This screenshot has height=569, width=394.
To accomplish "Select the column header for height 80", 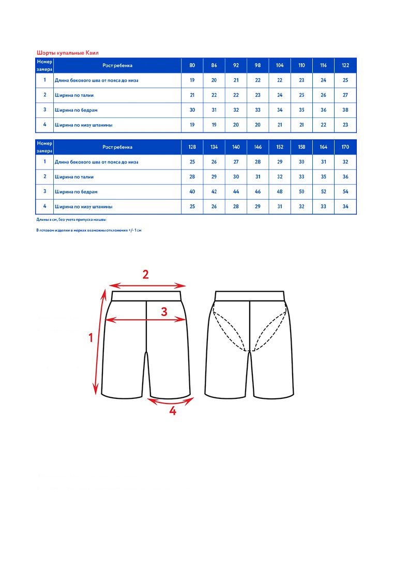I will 192,66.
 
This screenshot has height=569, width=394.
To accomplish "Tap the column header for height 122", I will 345,66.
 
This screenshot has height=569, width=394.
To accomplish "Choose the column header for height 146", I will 258,147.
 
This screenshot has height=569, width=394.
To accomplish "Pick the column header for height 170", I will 345,147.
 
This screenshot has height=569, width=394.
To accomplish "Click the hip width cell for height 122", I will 345,110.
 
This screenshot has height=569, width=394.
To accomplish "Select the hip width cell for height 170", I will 345,192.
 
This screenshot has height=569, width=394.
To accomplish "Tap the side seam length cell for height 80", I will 192,81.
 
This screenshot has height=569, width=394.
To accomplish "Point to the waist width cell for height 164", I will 324,177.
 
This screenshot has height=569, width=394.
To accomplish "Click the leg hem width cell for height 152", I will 280,207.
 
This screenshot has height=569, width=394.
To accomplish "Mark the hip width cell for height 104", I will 280,110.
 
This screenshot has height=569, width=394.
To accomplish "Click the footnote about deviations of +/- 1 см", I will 89,230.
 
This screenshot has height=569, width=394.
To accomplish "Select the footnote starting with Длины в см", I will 71,220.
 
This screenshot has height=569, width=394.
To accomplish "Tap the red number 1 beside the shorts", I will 91,338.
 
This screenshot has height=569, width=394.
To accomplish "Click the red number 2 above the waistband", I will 146,275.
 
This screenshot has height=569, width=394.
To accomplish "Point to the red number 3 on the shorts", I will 164,312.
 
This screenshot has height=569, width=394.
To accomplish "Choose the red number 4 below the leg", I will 173,412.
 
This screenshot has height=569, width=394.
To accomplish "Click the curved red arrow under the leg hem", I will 169,402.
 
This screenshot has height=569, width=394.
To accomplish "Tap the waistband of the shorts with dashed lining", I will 250,296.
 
